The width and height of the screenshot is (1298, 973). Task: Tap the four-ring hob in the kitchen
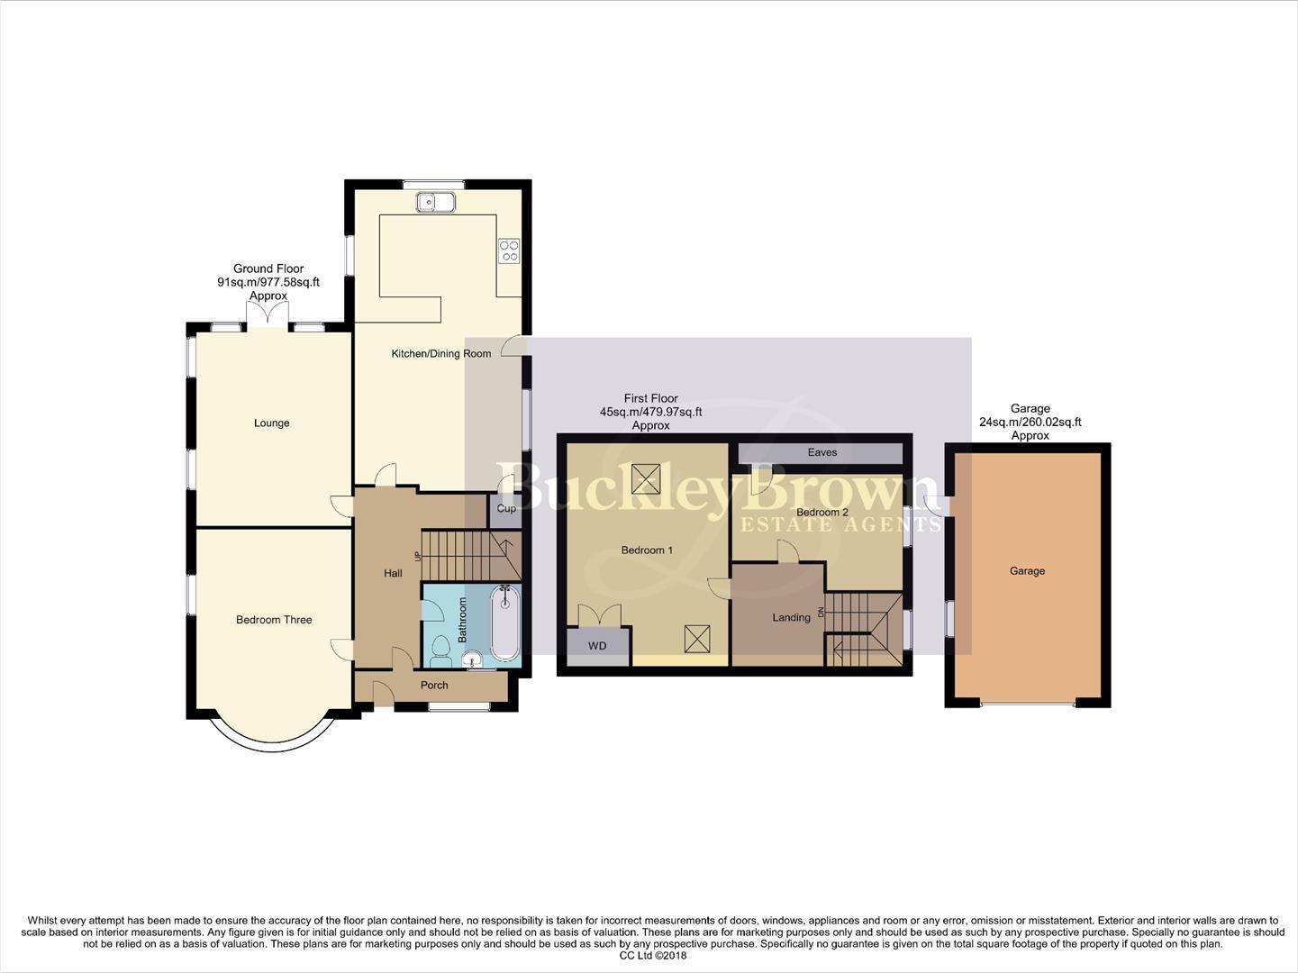(509, 250)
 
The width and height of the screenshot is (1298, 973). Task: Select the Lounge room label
(271, 423)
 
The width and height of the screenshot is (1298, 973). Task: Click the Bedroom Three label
(274, 620)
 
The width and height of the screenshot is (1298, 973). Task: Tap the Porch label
(434, 686)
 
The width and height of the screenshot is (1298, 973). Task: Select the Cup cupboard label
(506, 509)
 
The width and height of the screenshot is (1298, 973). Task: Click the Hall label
(393, 574)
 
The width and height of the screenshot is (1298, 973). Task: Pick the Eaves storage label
(821, 452)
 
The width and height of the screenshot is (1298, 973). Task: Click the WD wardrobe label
(596, 646)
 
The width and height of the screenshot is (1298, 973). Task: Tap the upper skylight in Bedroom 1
(645, 478)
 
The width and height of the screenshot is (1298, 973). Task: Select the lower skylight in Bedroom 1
(698, 640)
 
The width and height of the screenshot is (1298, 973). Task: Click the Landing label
(791, 618)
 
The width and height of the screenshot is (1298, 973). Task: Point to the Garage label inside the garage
(1027, 571)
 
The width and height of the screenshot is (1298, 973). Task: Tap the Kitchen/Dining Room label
(440, 354)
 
